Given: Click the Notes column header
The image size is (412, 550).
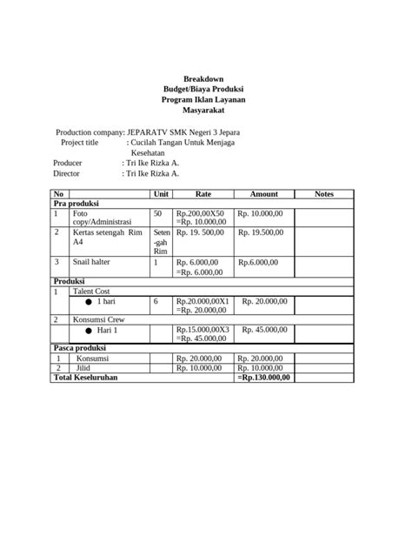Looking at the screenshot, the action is (x=324, y=194).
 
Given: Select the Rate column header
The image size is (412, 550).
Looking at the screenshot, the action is (x=203, y=194).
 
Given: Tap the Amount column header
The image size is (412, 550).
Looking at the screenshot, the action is (x=264, y=194).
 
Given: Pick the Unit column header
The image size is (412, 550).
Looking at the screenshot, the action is (x=162, y=194).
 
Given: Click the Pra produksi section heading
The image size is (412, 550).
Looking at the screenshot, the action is (x=76, y=203).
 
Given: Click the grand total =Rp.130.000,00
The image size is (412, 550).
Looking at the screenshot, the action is (x=264, y=378).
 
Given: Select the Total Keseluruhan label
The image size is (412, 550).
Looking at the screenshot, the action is (x=85, y=378).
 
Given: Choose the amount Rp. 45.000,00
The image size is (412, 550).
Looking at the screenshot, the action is (x=264, y=330).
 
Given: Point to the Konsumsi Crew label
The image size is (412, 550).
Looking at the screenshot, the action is (x=99, y=320).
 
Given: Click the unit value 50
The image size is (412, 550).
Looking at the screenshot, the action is (x=157, y=212).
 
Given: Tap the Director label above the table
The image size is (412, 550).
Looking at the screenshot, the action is (x=68, y=174).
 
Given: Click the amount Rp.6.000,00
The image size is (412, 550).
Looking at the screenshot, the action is (x=258, y=262).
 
